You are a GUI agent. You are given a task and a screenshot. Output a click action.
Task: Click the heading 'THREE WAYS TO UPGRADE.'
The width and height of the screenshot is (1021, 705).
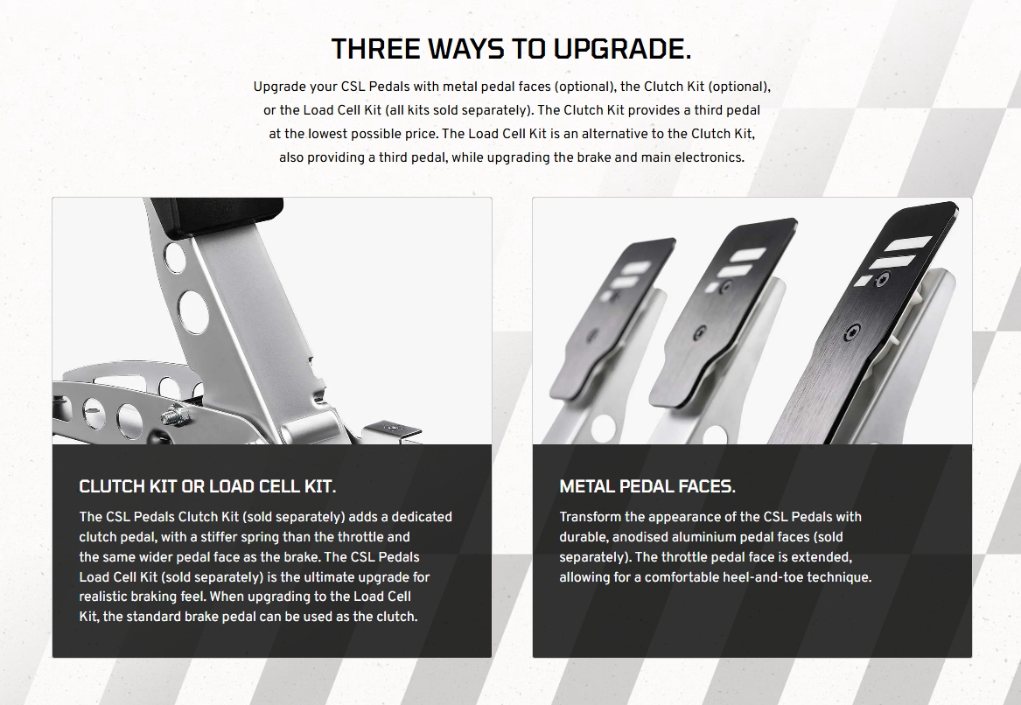coord(511,49)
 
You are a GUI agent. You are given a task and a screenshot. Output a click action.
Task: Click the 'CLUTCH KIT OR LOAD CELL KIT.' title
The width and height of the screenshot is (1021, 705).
coord(207,486)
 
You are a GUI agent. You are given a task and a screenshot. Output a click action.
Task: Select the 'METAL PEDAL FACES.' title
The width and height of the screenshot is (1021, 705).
coord(647,486)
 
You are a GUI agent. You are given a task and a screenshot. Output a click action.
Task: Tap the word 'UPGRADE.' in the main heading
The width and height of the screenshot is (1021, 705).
coord(623,49)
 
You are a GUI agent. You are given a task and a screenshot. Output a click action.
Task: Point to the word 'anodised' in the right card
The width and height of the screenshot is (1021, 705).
coord(640,537)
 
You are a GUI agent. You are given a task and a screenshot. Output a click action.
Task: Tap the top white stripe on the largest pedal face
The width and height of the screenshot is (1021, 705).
coord(908,244)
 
